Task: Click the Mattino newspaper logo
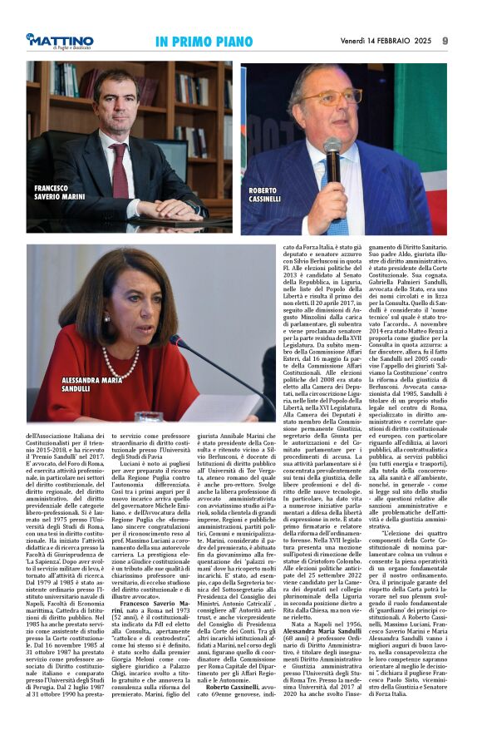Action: tap(59, 42)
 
